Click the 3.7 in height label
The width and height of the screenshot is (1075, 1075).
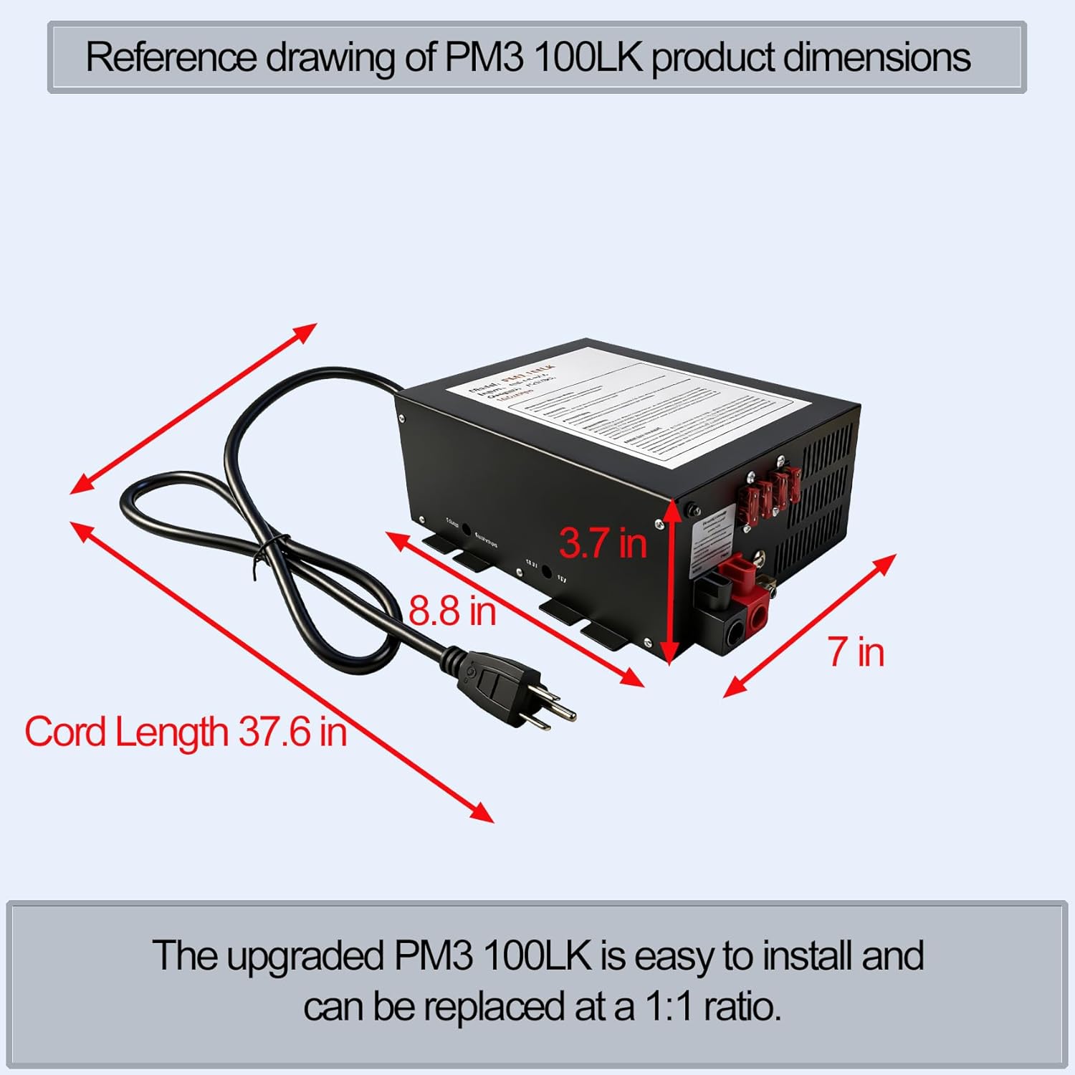click(x=603, y=543)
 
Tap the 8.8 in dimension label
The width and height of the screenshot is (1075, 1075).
click(x=452, y=611)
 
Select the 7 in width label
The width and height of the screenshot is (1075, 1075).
click(x=856, y=652)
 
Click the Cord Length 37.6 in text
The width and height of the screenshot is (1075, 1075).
click(x=186, y=732)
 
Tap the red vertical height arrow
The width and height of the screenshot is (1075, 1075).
click(x=669, y=580)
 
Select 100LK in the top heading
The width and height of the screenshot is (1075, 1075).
click(x=588, y=57)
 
